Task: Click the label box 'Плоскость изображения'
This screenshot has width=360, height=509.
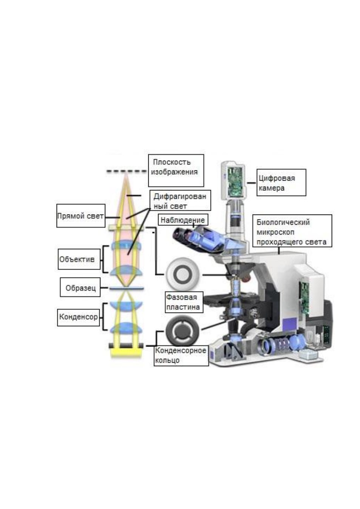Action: (176, 170)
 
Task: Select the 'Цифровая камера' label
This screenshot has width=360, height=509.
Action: (281, 182)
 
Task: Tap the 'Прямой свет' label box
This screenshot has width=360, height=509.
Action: (81, 216)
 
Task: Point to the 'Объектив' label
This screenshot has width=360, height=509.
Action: (79, 259)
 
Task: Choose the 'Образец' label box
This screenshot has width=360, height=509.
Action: (80, 287)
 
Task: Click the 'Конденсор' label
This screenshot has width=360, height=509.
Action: (78, 317)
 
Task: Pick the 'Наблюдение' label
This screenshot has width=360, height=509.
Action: (183, 220)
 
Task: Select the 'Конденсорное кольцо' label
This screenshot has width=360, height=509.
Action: (181, 356)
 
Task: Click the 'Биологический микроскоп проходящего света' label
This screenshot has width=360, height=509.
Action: (292, 231)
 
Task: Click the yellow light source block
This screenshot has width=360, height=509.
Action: (126, 353)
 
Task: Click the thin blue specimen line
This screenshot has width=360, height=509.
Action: (127, 288)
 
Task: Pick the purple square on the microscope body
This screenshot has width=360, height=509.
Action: (290, 325)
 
